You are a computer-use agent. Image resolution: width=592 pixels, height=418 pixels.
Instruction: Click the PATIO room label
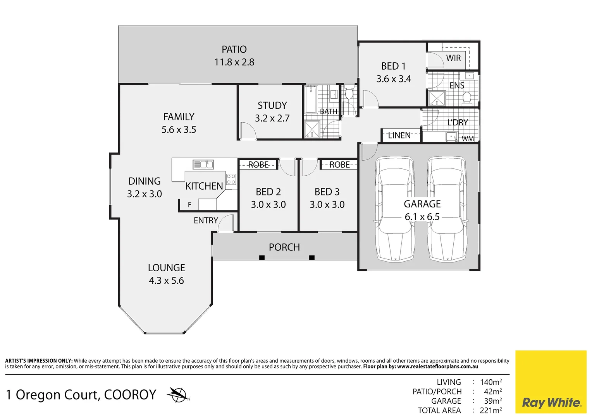point(234,50)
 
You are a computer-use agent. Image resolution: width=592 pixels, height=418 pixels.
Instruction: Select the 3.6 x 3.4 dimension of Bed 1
point(394,79)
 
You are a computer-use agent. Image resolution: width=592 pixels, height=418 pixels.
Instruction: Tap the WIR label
point(453,58)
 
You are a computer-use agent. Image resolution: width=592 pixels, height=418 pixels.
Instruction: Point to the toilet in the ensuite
point(467,98)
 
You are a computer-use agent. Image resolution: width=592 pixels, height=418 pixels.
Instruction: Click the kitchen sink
point(203,164)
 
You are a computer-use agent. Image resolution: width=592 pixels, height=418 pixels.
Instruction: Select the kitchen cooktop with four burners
point(231,179)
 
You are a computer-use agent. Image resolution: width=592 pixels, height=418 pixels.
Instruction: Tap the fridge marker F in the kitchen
point(189,205)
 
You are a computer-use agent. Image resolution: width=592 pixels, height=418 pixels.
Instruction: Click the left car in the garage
point(394,209)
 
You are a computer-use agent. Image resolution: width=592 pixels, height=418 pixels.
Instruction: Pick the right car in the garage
point(447,209)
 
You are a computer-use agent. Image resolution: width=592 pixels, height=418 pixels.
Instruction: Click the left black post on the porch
point(262,258)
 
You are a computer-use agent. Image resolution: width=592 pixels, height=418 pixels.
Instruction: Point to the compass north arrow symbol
point(178,395)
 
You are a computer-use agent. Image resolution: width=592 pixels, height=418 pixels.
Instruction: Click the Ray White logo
point(551,403)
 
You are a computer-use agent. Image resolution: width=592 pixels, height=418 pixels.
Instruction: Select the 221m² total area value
point(490,410)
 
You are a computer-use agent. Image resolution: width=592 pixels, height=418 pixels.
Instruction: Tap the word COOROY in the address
point(130,395)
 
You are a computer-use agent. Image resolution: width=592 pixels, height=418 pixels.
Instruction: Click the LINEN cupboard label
point(399,135)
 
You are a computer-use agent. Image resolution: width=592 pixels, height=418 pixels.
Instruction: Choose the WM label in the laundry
point(468,139)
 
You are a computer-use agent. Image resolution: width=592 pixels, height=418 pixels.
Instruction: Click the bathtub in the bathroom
point(311,99)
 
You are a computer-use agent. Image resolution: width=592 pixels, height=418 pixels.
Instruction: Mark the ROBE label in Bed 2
point(258,165)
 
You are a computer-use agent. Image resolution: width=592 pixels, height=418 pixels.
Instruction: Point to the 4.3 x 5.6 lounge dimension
point(166,281)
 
